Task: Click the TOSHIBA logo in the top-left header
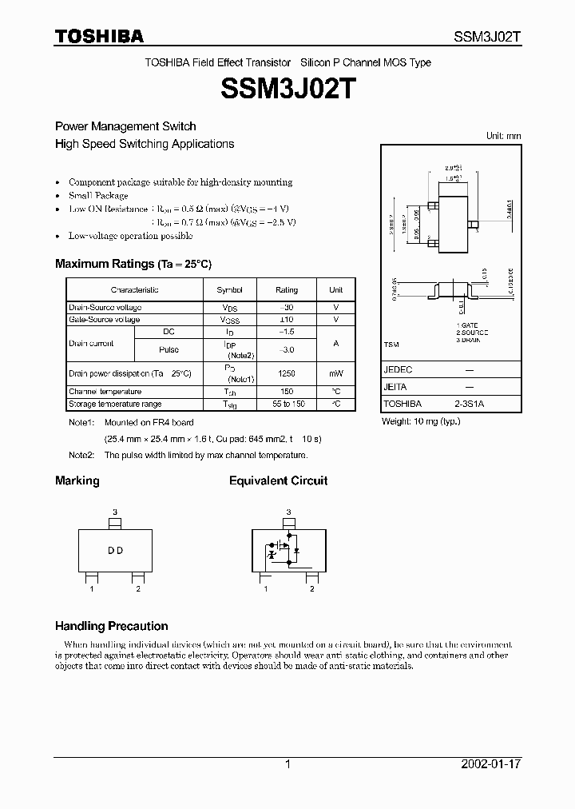(x=99, y=36)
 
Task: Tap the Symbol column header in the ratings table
(x=230, y=290)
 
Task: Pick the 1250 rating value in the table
(x=287, y=373)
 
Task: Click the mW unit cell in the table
(x=336, y=373)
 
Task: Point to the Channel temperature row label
(x=105, y=392)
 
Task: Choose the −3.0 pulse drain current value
(x=287, y=349)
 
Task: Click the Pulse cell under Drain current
(x=169, y=349)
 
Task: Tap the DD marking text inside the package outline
(x=115, y=551)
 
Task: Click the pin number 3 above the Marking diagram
(x=115, y=512)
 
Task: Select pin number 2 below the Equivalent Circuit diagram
(x=311, y=589)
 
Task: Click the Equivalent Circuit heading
(x=278, y=480)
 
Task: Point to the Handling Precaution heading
(x=111, y=626)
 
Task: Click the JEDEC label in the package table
(x=398, y=370)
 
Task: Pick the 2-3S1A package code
(x=470, y=404)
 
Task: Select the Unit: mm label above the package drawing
(x=503, y=136)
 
